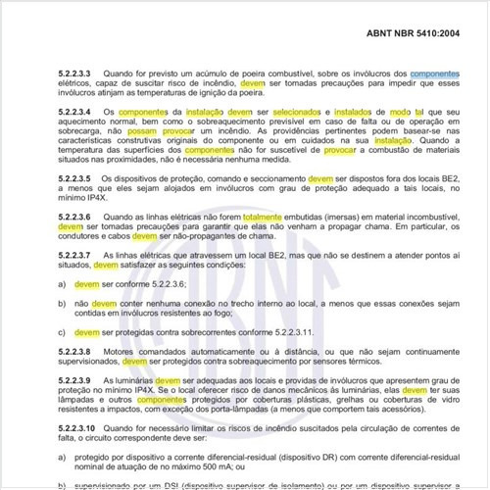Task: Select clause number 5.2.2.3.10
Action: [80, 429]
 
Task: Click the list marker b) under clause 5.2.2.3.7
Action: [63, 303]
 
